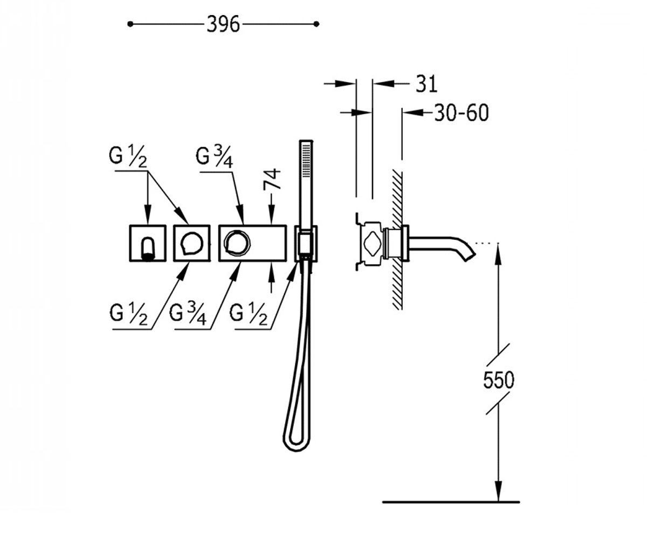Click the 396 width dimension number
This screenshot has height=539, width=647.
pos(223,24)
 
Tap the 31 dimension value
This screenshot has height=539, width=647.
pos(426,84)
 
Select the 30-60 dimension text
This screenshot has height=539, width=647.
pos(462,113)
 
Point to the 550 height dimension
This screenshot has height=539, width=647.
pos(499,380)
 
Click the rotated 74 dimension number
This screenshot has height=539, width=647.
pos(272,179)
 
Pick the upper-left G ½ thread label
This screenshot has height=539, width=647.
pos(128,156)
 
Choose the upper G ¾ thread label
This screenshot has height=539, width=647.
pos(214,157)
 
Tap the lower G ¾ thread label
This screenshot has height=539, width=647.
pos(188,314)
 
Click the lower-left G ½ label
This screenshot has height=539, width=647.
pos(129,314)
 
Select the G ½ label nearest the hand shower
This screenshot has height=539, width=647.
pos(248,314)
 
